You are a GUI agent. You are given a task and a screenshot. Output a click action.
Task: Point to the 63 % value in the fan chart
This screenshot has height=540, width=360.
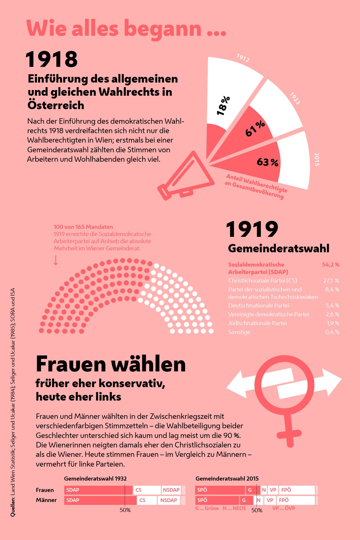(267, 162)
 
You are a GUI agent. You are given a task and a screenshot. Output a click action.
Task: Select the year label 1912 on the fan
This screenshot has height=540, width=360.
(243, 58)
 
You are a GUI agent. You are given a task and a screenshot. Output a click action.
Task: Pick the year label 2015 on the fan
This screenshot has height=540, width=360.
(317, 159)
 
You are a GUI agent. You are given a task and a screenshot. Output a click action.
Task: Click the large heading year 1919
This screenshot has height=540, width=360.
(252, 229)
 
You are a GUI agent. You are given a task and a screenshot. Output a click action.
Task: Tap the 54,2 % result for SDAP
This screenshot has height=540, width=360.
(331, 265)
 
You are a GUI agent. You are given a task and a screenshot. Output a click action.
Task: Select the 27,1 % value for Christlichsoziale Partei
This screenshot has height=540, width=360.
(331, 281)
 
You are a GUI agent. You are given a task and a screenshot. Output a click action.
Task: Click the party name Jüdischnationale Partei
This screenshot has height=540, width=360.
(257, 323)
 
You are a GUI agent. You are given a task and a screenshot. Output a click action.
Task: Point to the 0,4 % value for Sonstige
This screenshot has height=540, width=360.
(332, 332)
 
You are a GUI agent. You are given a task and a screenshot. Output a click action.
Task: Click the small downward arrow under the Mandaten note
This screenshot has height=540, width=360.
(56, 260)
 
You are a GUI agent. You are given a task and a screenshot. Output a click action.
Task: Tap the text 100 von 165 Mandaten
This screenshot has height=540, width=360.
(83, 227)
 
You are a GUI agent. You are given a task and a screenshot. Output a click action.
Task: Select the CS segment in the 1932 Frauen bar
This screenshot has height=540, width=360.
(147, 490)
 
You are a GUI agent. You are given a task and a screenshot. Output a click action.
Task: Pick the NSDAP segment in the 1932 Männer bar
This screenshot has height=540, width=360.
(169, 500)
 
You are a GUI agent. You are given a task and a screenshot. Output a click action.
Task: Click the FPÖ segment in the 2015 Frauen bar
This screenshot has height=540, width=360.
(297, 490)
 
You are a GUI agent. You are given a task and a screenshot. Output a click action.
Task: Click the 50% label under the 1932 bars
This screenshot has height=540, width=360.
(125, 510)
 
